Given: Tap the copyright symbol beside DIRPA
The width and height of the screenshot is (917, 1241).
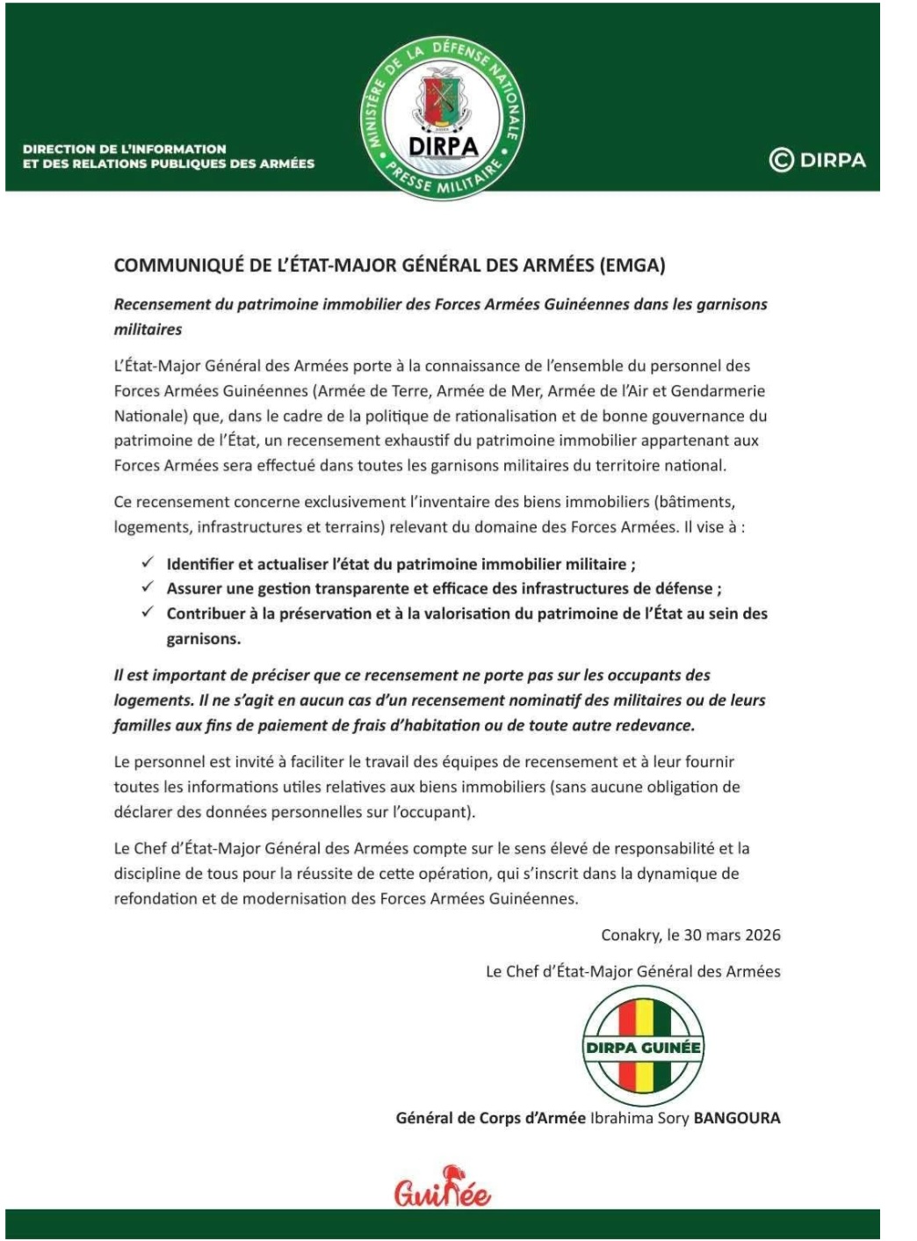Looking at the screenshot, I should [x=781, y=160].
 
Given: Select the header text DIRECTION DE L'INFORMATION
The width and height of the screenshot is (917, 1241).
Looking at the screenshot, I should [x=125, y=149].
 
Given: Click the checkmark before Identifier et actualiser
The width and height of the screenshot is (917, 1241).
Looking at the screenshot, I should [x=148, y=562].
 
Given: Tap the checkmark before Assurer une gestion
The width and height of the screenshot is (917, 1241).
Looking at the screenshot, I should [x=148, y=587].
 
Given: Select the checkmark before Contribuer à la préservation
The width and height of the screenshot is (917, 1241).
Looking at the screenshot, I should [x=148, y=612].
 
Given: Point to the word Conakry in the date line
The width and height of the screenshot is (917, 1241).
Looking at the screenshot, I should [x=630, y=934].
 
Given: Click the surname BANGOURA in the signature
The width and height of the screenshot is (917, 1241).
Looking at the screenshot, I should [x=737, y=1118].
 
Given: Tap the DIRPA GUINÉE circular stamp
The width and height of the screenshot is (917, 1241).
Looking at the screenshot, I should [x=643, y=1046].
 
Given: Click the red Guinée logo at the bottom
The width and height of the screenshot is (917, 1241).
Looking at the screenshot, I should [x=442, y=1188].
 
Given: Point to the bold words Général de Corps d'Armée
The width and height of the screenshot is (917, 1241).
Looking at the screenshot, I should [x=490, y=1118].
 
